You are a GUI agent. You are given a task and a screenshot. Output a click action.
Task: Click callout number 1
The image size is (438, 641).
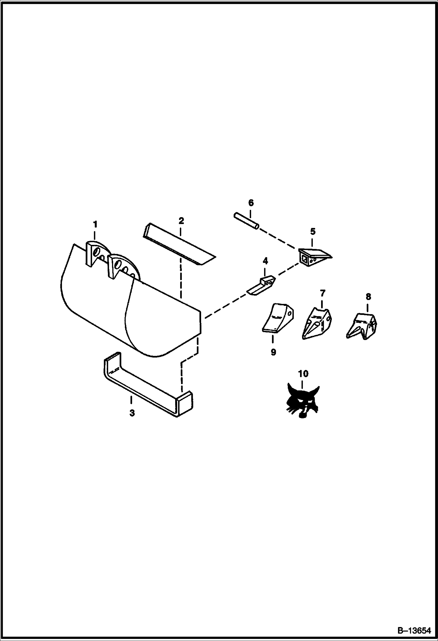[x=95, y=225]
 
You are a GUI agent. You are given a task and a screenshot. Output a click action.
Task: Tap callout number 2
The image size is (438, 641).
[x=181, y=221]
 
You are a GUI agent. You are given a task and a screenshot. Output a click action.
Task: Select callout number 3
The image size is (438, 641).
[x=132, y=413]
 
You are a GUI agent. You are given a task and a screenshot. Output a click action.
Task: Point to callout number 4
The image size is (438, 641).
[x=265, y=261]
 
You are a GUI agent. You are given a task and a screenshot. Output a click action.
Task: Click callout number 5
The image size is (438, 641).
[x=313, y=232]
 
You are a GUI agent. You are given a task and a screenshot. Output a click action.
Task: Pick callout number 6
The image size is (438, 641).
[x=251, y=203]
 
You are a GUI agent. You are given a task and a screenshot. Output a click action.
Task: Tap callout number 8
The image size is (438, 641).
[x=368, y=297]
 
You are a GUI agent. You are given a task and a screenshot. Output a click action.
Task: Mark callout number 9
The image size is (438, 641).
[x=273, y=352]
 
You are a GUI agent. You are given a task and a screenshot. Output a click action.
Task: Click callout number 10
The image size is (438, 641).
[x=303, y=373]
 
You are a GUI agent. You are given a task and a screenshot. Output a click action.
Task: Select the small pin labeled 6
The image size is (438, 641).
[x=246, y=222]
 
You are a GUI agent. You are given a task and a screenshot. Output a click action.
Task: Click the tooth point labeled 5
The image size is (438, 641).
[x=315, y=257]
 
